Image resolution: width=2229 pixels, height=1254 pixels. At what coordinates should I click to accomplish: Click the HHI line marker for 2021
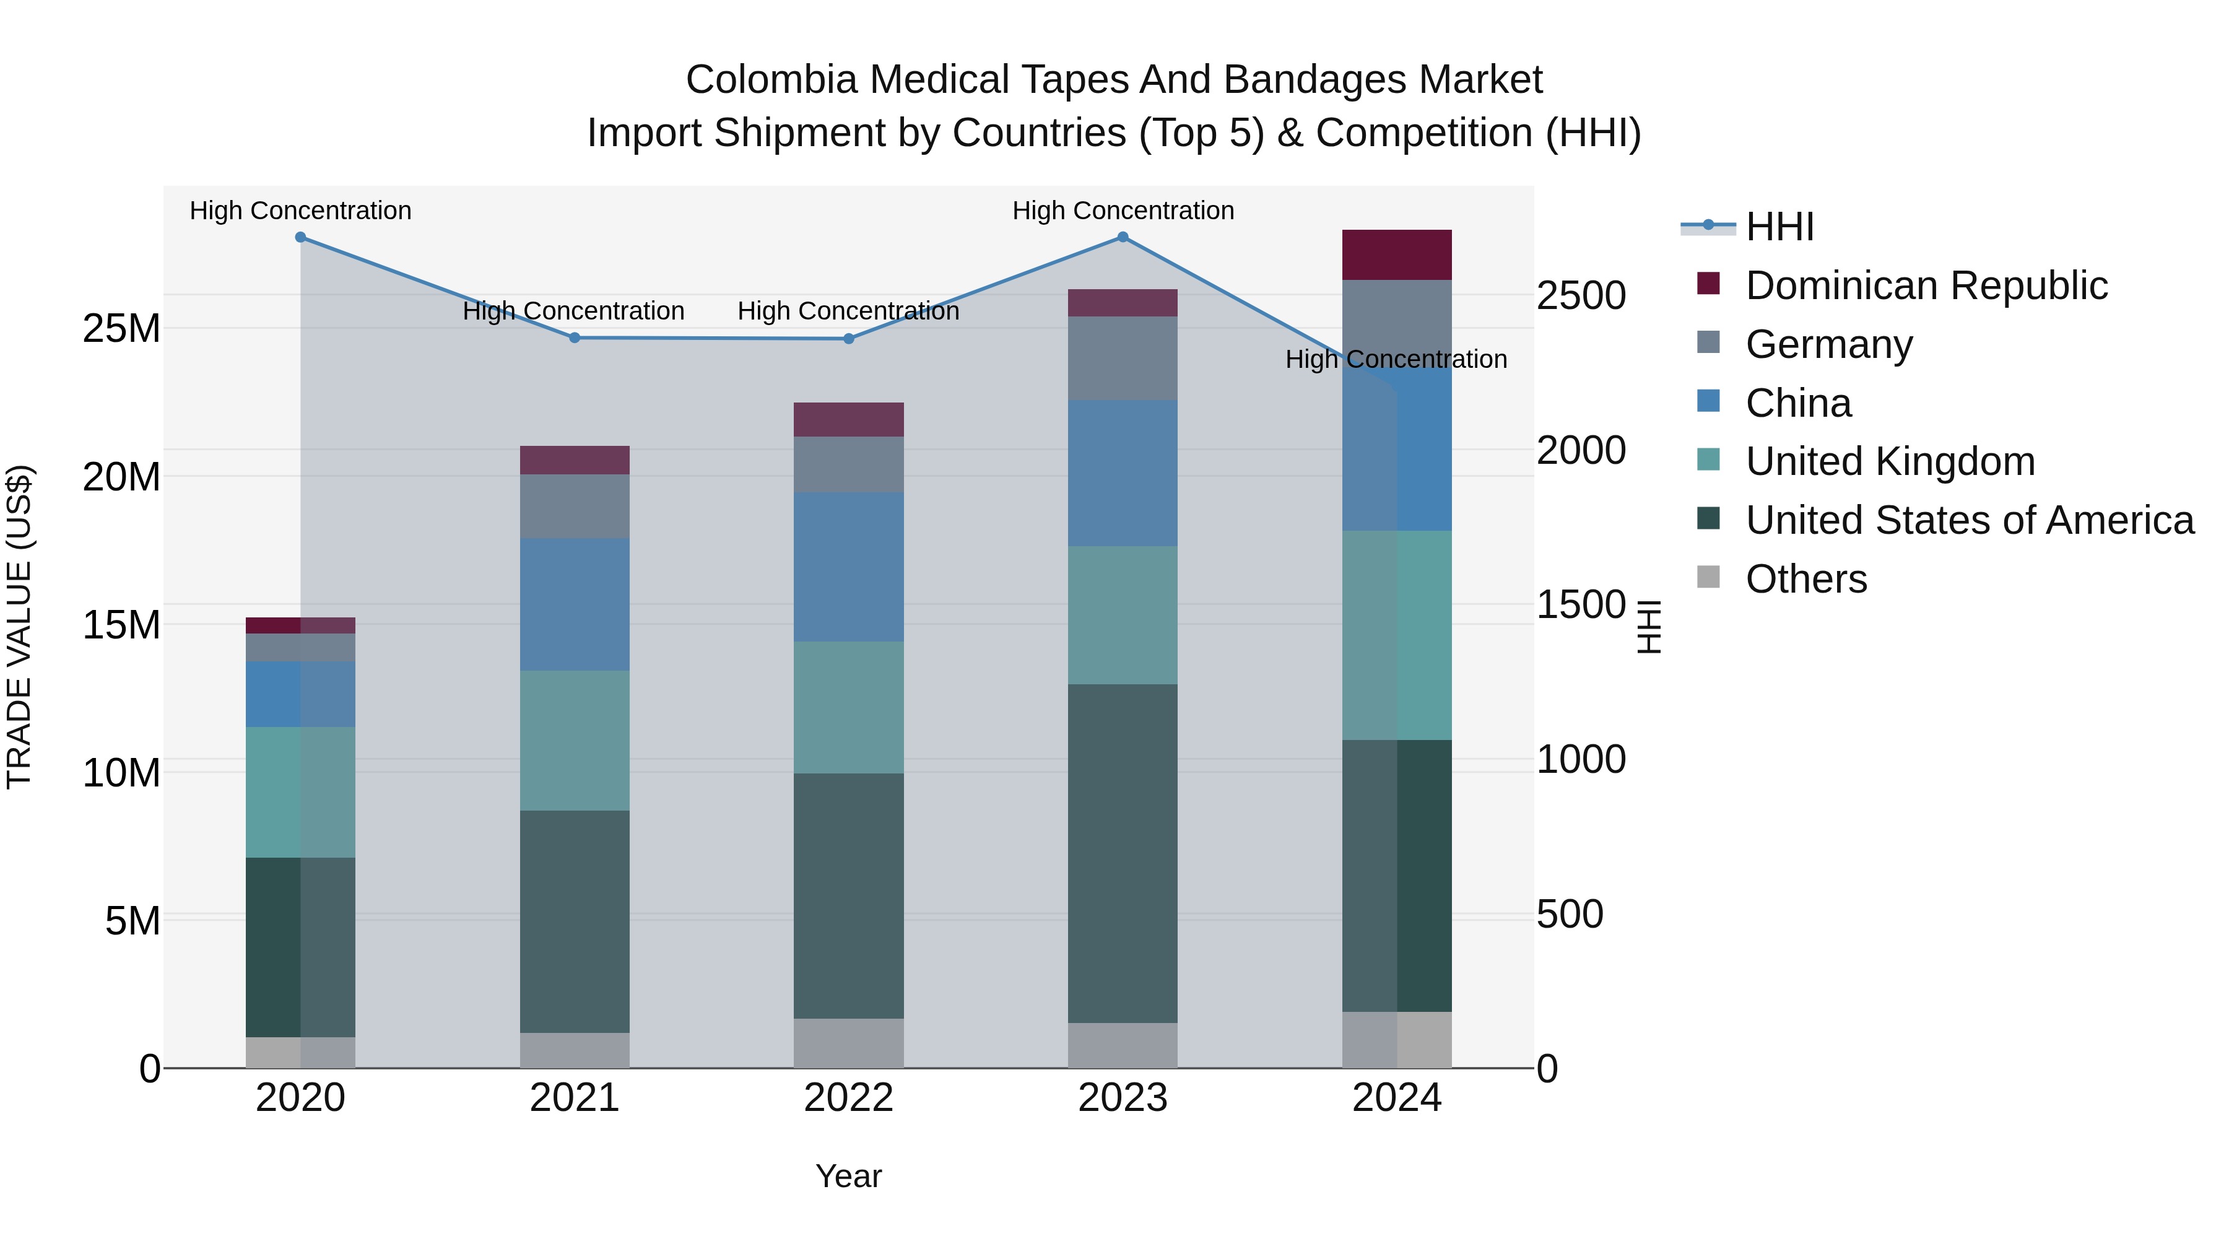[575, 337]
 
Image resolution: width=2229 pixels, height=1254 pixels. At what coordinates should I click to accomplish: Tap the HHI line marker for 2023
[1123, 237]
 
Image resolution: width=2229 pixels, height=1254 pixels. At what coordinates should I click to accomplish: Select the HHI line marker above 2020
[300, 237]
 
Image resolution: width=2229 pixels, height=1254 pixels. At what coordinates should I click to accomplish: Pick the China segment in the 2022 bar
[848, 567]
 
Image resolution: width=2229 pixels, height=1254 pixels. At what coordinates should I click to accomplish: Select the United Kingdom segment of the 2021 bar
[575, 740]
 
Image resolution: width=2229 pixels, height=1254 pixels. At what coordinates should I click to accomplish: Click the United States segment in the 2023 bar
[1123, 853]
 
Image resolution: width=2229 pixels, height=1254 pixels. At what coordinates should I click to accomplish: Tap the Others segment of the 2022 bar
[848, 1043]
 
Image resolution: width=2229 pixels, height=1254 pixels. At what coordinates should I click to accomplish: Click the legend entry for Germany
[1828, 344]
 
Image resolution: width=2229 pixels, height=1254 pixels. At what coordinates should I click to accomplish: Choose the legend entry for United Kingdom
[1890, 461]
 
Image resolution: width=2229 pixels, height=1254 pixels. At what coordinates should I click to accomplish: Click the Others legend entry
[1806, 579]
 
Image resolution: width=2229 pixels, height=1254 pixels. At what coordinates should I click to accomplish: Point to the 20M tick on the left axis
[121, 477]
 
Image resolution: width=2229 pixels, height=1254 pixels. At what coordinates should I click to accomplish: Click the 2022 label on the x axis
[848, 1098]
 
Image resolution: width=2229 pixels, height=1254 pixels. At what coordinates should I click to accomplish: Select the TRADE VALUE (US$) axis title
[20, 627]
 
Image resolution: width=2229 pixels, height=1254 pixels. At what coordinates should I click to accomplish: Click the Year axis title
[848, 1176]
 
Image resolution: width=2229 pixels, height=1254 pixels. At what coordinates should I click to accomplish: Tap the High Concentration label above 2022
[848, 311]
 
